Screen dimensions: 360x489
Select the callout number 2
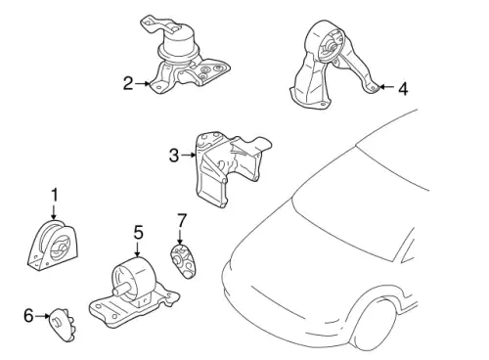click(x=128, y=84)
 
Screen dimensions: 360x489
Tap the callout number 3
click(x=173, y=155)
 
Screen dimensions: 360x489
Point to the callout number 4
click(x=403, y=89)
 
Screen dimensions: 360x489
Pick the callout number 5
click(x=138, y=232)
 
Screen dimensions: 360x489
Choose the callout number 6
click(x=28, y=314)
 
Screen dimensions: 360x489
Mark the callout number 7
click(x=181, y=220)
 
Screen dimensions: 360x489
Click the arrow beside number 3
click(x=189, y=155)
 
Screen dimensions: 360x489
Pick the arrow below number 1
click(x=54, y=211)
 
